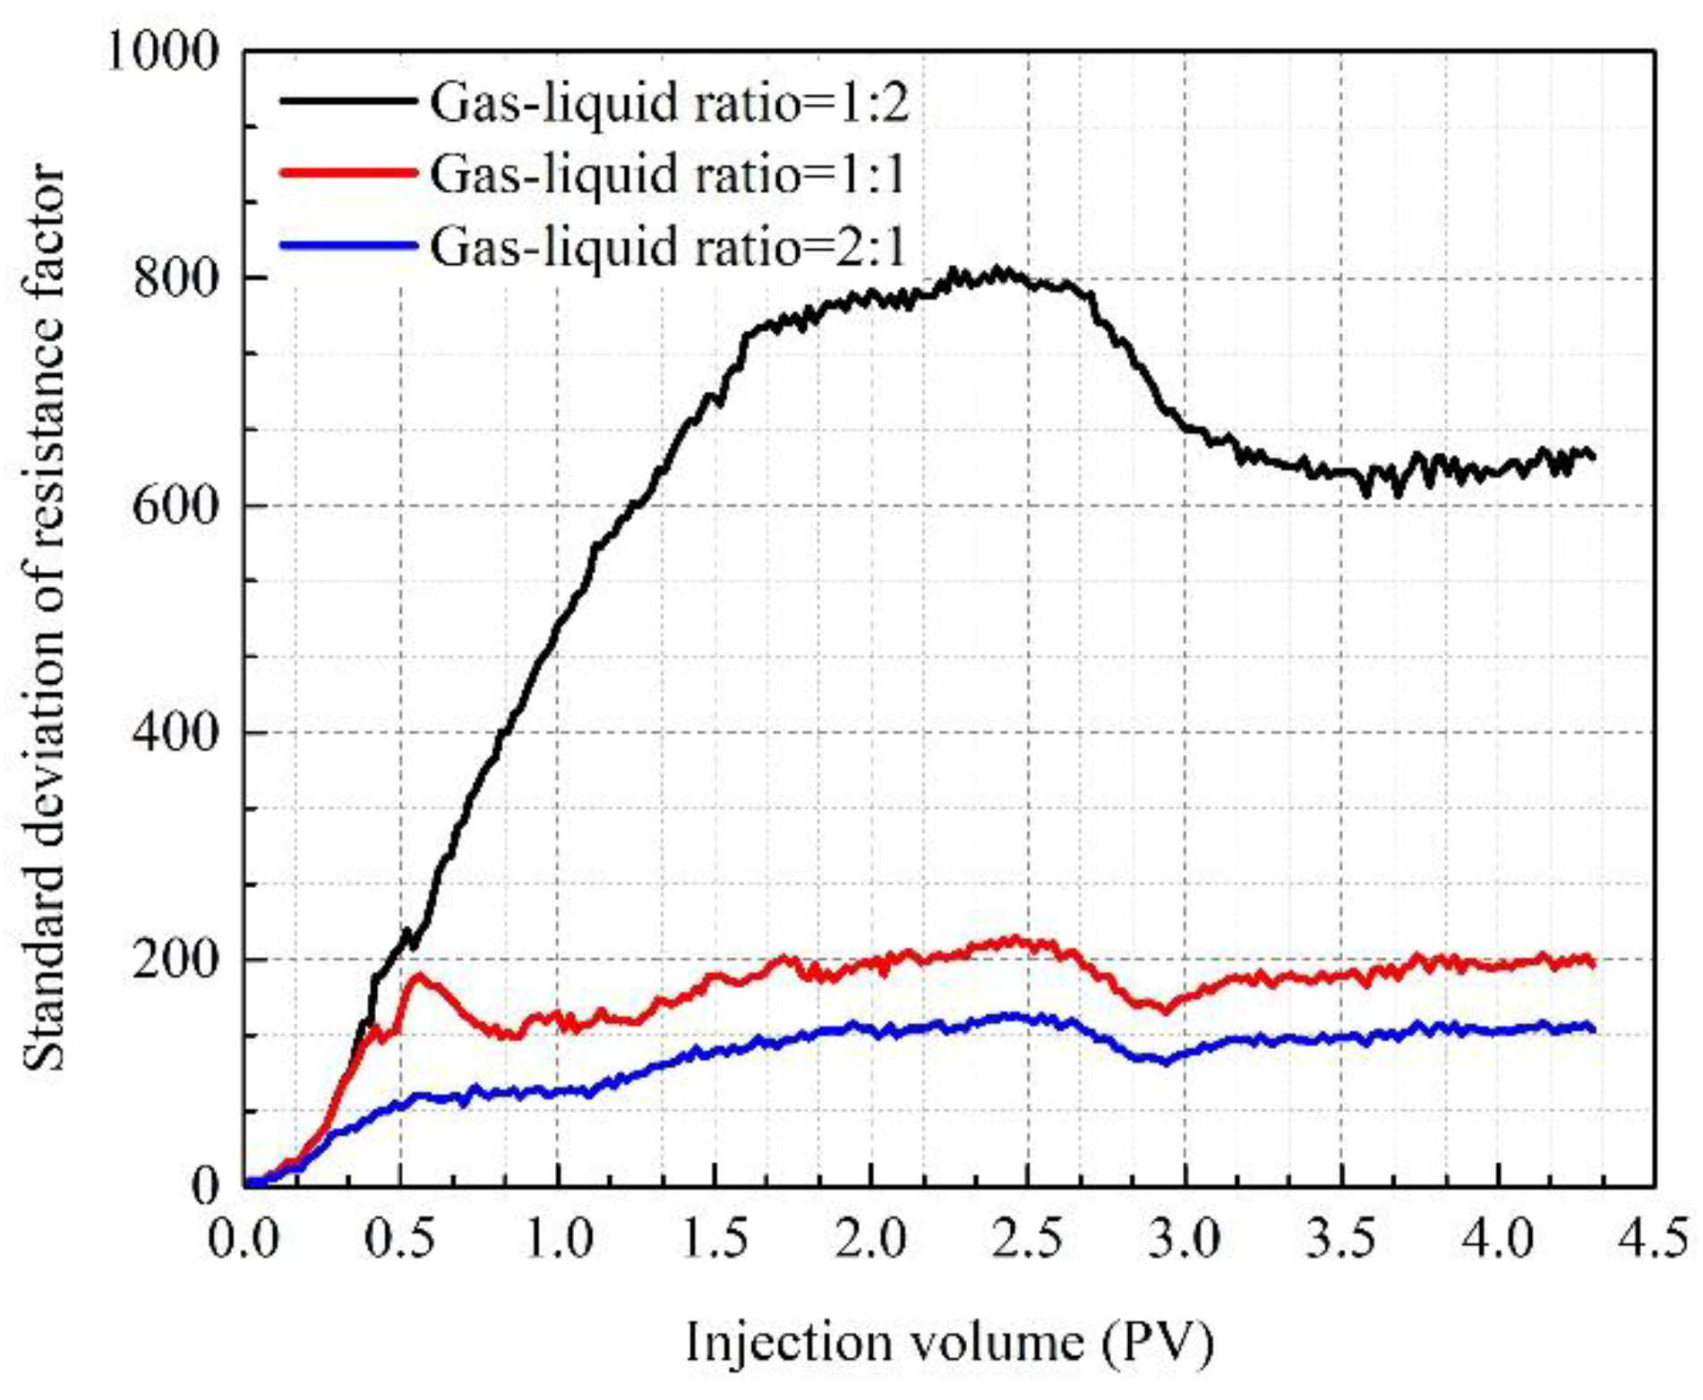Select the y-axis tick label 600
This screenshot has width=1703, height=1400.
(175, 506)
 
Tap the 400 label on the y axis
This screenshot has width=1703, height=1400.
(175, 733)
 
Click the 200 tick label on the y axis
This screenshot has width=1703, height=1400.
(175, 960)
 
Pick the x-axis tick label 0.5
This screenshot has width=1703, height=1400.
(401, 1240)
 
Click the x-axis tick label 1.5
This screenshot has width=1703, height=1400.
(715, 1240)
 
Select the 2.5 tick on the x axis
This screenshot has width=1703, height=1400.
(1028, 1240)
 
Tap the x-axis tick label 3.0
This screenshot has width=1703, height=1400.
(1185, 1240)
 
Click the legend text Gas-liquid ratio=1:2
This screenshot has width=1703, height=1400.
(670, 103)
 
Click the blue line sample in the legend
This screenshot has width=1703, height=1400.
(348, 245)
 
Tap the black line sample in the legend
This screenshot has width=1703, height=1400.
(348, 101)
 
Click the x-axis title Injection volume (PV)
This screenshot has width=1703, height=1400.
(949, 1343)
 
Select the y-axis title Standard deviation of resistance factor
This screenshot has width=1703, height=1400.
(43, 618)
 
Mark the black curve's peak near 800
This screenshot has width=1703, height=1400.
(998, 272)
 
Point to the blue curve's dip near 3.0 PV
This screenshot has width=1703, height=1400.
(1165, 1062)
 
